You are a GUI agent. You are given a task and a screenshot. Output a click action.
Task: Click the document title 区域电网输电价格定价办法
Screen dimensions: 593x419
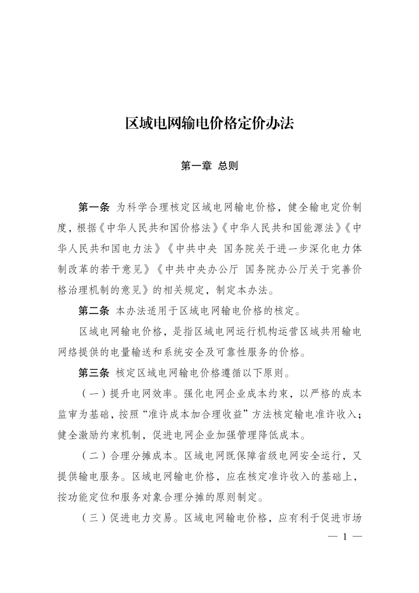click(x=209, y=123)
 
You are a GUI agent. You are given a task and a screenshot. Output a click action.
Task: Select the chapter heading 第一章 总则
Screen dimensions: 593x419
click(x=209, y=166)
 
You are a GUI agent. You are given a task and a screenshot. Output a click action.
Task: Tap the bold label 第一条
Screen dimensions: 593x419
click(x=94, y=207)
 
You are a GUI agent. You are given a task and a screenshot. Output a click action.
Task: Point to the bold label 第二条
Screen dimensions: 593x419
click(x=94, y=310)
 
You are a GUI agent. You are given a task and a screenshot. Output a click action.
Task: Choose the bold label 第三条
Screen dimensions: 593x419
click(x=94, y=373)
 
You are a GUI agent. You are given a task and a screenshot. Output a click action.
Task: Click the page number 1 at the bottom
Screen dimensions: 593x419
click(x=345, y=537)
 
